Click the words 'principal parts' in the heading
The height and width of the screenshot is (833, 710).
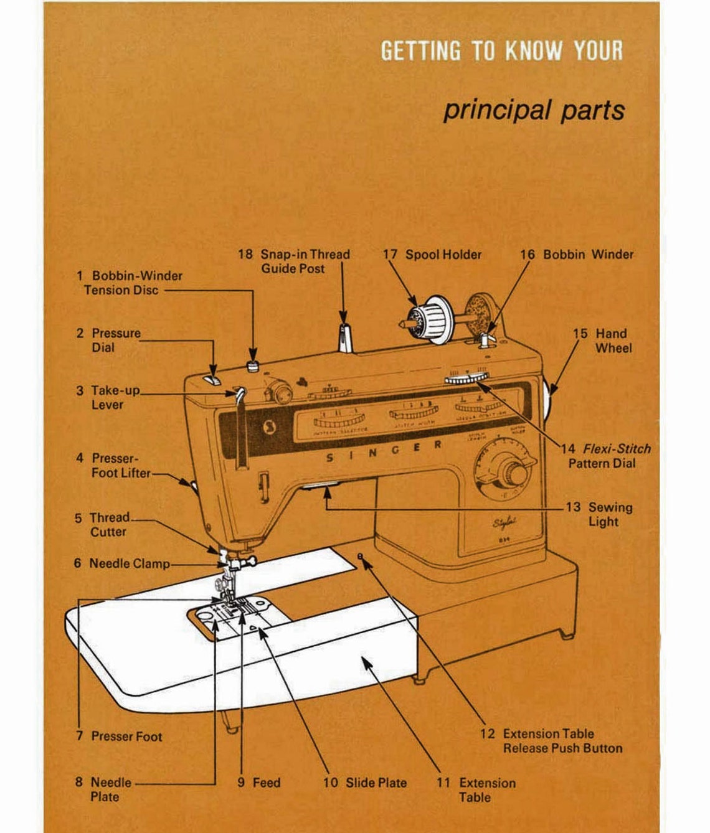[533, 110]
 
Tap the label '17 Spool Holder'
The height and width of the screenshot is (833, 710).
[432, 254]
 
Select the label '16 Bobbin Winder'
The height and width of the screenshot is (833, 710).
[576, 254]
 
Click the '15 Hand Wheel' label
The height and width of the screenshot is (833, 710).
[600, 341]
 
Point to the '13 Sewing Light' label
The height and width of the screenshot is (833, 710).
[599, 514]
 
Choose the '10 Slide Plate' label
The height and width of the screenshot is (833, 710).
[365, 783]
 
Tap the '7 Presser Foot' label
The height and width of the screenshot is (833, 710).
[119, 736]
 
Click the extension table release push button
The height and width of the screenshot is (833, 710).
[360, 555]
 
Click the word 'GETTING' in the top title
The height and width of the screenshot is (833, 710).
[420, 51]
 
